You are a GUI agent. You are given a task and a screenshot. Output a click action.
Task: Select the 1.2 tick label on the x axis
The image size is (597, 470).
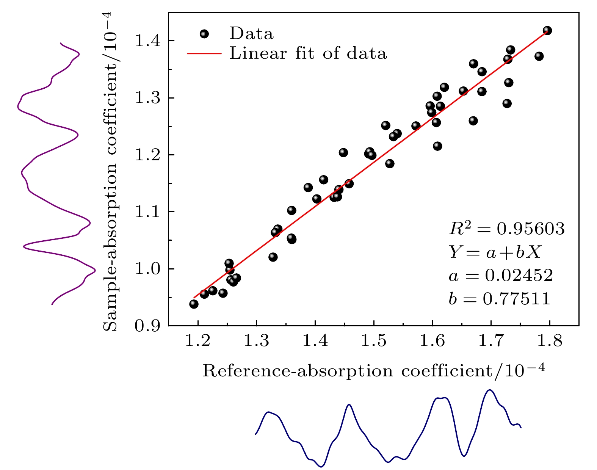[x=197, y=342]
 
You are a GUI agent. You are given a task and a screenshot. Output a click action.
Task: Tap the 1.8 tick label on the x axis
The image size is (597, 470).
[x=550, y=342]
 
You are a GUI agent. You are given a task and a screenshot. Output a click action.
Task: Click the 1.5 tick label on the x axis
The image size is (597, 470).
[x=374, y=342]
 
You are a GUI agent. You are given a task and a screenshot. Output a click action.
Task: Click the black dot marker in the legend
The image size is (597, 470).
[x=204, y=34]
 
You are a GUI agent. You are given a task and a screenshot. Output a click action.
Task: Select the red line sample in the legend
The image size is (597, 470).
[x=204, y=53]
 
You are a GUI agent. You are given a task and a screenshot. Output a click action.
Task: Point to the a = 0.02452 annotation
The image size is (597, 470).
[x=501, y=276]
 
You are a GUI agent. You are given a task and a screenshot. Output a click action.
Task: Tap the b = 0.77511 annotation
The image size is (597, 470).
[x=499, y=299]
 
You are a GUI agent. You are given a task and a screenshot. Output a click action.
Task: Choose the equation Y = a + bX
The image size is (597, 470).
[x=495, y=252]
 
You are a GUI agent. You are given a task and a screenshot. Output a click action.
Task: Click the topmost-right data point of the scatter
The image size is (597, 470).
[x=547, y=30]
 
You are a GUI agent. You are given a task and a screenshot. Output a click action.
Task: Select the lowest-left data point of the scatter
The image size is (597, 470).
[x=194, y=304]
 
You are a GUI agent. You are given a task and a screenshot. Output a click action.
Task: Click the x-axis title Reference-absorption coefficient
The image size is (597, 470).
[x=374, y=370]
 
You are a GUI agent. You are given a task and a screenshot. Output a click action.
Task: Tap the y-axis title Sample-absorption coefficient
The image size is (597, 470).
[x=110, y=171]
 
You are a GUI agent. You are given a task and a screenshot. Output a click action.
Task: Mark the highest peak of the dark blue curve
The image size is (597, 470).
[x=490, y=390]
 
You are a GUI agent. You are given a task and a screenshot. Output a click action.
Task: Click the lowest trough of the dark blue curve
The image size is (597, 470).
[x=321, y=467]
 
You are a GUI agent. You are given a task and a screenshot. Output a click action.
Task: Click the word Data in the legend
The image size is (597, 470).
[x=251, y=34]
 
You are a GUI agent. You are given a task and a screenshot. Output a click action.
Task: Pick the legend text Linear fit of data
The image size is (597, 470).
[x=308, y=53]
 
